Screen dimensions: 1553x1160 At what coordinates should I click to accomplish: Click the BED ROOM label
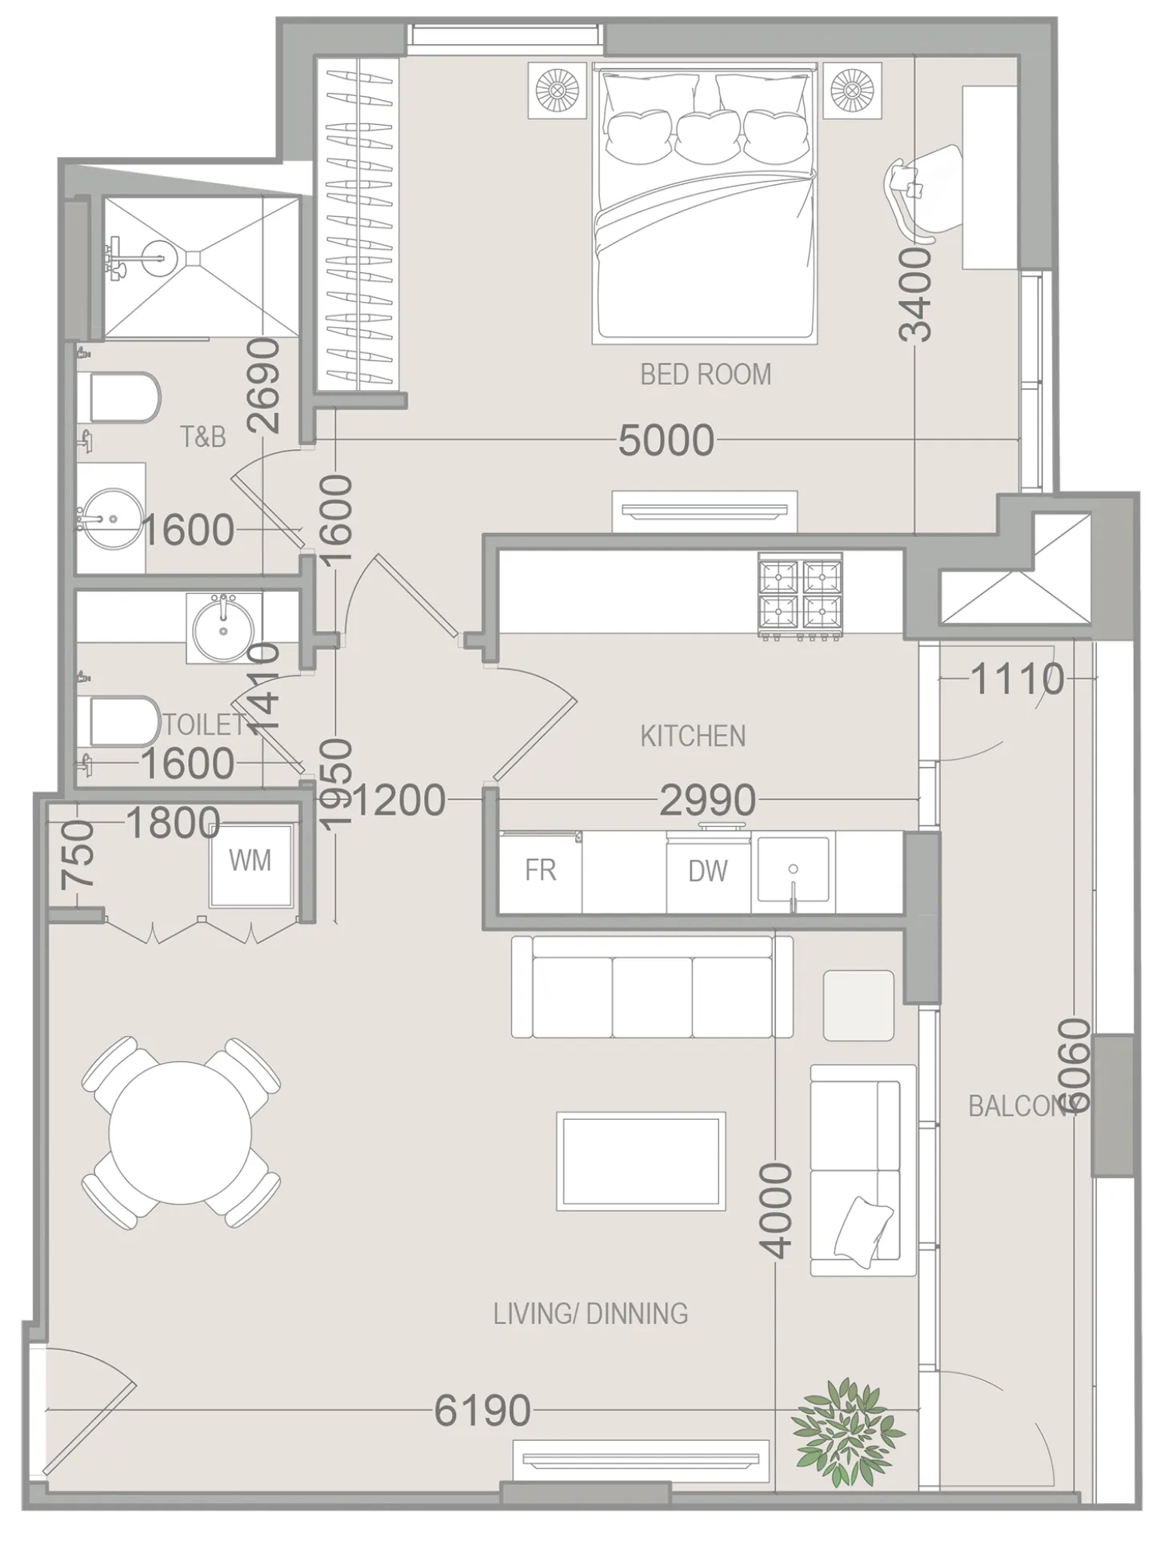tap(706, 375)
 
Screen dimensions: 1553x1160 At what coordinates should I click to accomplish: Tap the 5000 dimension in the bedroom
tap(666, 440)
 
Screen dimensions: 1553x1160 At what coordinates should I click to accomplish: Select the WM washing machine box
tap(250, 861)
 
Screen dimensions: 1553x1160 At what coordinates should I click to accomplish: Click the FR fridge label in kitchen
tap(540, 870)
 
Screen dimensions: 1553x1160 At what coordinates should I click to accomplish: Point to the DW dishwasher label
tap(708, 871)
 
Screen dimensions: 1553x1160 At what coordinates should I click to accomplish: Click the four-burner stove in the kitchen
tap(800, 596)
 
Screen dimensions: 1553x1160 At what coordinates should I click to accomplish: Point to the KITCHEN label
tap(693, 736)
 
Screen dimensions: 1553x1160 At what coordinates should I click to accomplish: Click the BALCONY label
tap(1020, 1106)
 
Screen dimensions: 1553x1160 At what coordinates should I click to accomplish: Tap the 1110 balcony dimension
tap(1017, 680)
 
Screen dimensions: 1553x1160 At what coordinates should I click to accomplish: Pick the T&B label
tap(202, 437)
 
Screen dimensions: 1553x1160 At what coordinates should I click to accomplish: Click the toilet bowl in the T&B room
tap(124, 397)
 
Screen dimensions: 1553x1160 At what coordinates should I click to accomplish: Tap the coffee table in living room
tap(641, 1162)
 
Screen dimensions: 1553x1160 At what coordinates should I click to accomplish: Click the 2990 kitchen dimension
tap(707, 800)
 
